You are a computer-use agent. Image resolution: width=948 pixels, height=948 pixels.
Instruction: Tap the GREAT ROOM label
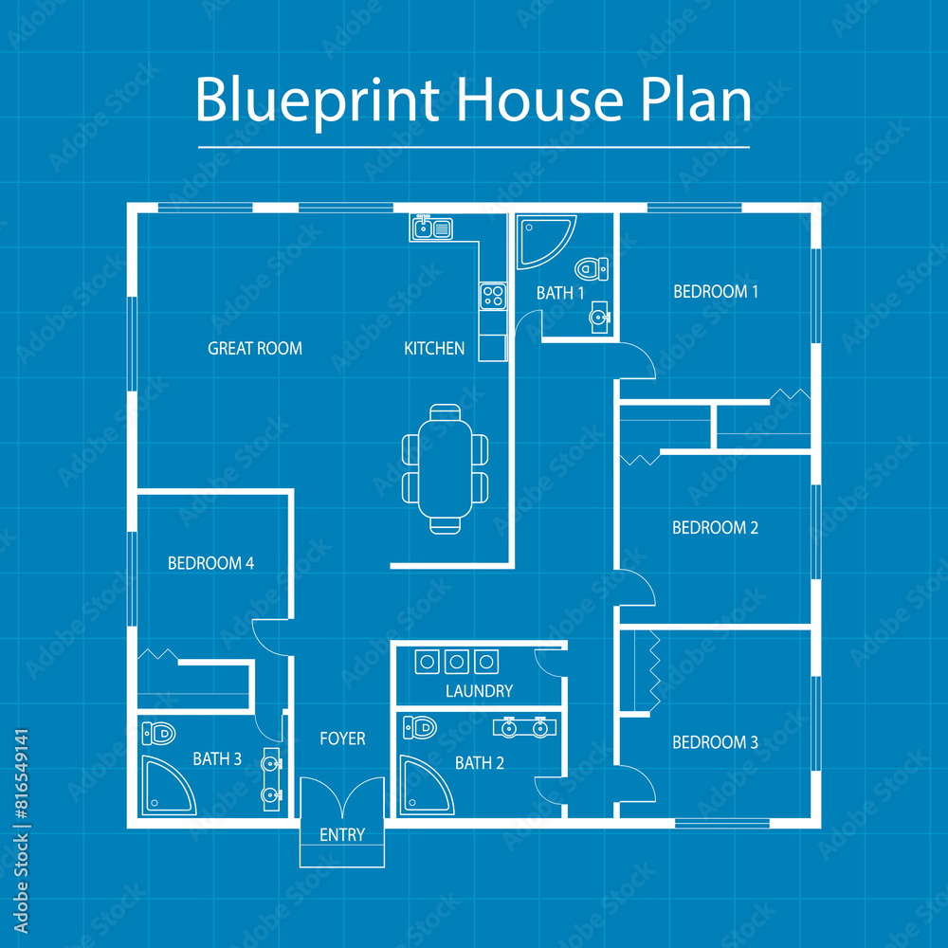tap(255, 349)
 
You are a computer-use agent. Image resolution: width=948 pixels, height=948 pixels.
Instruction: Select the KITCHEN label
tap(434, 349)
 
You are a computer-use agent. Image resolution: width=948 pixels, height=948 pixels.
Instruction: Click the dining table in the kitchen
tap(446, 468)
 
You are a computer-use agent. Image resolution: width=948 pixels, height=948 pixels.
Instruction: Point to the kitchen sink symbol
tap(432, 228)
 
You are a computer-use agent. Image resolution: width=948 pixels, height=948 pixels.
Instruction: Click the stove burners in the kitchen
tap(492, 297)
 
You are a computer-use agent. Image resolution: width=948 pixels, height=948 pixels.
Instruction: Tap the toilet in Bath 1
tap(591, 268)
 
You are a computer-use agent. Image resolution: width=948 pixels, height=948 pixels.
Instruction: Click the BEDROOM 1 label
tap(716, 292)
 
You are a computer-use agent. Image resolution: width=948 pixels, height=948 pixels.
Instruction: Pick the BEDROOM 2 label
tap(715, 528)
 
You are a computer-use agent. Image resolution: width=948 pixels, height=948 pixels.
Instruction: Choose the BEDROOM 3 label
tap(715, 743)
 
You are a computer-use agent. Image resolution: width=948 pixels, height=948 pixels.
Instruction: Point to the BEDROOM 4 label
tap(210, 563)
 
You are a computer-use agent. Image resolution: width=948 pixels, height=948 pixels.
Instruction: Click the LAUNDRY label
tap(479, 692)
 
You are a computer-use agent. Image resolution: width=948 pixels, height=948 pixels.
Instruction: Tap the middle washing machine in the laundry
tap(457, 661)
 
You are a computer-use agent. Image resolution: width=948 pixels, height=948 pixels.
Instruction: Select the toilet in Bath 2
tap(419, 728)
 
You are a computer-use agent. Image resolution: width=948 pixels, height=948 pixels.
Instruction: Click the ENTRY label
tap(342, 835)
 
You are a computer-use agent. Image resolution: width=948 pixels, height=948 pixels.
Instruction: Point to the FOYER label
tap(342, 738)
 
